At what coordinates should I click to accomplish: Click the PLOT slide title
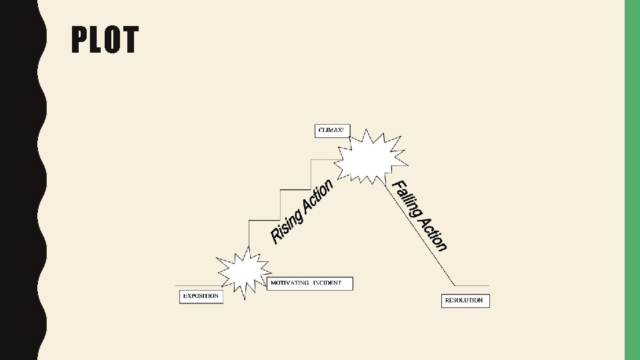tap(105, 40)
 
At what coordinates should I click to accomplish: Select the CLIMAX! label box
tap(331, 131)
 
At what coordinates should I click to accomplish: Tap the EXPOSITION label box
tap(201, 297)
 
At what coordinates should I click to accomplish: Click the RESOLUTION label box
tap(465, 301)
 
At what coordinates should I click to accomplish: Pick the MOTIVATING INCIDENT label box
tap(310, 283)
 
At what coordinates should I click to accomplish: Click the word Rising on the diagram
tap(287, 225)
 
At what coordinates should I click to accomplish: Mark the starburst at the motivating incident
tap(243, 271)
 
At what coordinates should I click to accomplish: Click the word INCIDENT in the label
tap(327, 283)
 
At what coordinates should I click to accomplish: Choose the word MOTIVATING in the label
tap(289, 283)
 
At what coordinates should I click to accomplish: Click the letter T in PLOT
tap(130, 40)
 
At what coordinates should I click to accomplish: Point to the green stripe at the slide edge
tap(631, 180)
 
